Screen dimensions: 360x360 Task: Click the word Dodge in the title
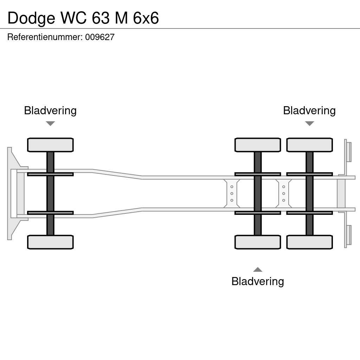point(31,18)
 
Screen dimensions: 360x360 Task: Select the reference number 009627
point(100,37)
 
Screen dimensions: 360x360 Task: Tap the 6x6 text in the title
point(146,18)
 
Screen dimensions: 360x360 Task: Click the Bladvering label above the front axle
point(50,110)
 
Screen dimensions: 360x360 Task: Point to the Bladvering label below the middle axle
point(258,281)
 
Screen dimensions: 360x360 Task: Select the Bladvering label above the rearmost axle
point(309,110)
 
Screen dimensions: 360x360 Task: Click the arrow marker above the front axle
point(50,123)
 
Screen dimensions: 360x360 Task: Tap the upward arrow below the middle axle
point(258,270)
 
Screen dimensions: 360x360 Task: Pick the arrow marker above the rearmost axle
point(309,123)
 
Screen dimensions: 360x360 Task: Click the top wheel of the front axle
point(50,145)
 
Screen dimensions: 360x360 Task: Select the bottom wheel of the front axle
point(50,242)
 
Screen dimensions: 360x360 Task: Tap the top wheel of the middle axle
point(258,145)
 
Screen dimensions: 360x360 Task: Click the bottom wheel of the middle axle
point(258,242)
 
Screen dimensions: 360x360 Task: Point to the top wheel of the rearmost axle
point(309,145)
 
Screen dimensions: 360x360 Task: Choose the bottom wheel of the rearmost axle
point(309,242)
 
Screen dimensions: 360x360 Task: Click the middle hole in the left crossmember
point(232,193)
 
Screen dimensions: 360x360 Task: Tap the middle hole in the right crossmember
point(284,193)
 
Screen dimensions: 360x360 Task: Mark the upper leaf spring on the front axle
point(50,174)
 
